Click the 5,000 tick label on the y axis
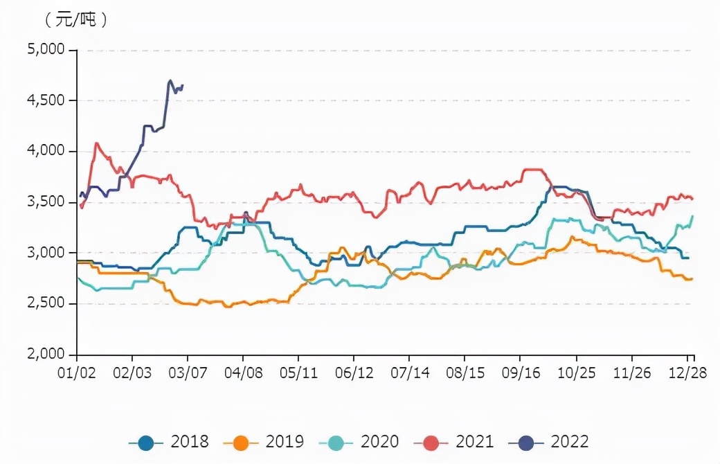46,50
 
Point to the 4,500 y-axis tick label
46,100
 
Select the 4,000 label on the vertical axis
46,151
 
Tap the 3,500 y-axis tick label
46,202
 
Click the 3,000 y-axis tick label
46,253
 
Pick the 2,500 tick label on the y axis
46,303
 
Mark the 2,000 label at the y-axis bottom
46,354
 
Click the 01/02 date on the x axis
77,373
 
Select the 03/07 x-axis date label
188,373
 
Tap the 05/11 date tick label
299,373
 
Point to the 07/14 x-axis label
410,373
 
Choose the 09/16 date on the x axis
521,373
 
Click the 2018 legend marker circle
146,442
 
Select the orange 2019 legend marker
242,442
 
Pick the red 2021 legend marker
431,442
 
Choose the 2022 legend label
570,442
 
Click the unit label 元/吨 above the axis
76,20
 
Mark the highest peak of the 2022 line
170,81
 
